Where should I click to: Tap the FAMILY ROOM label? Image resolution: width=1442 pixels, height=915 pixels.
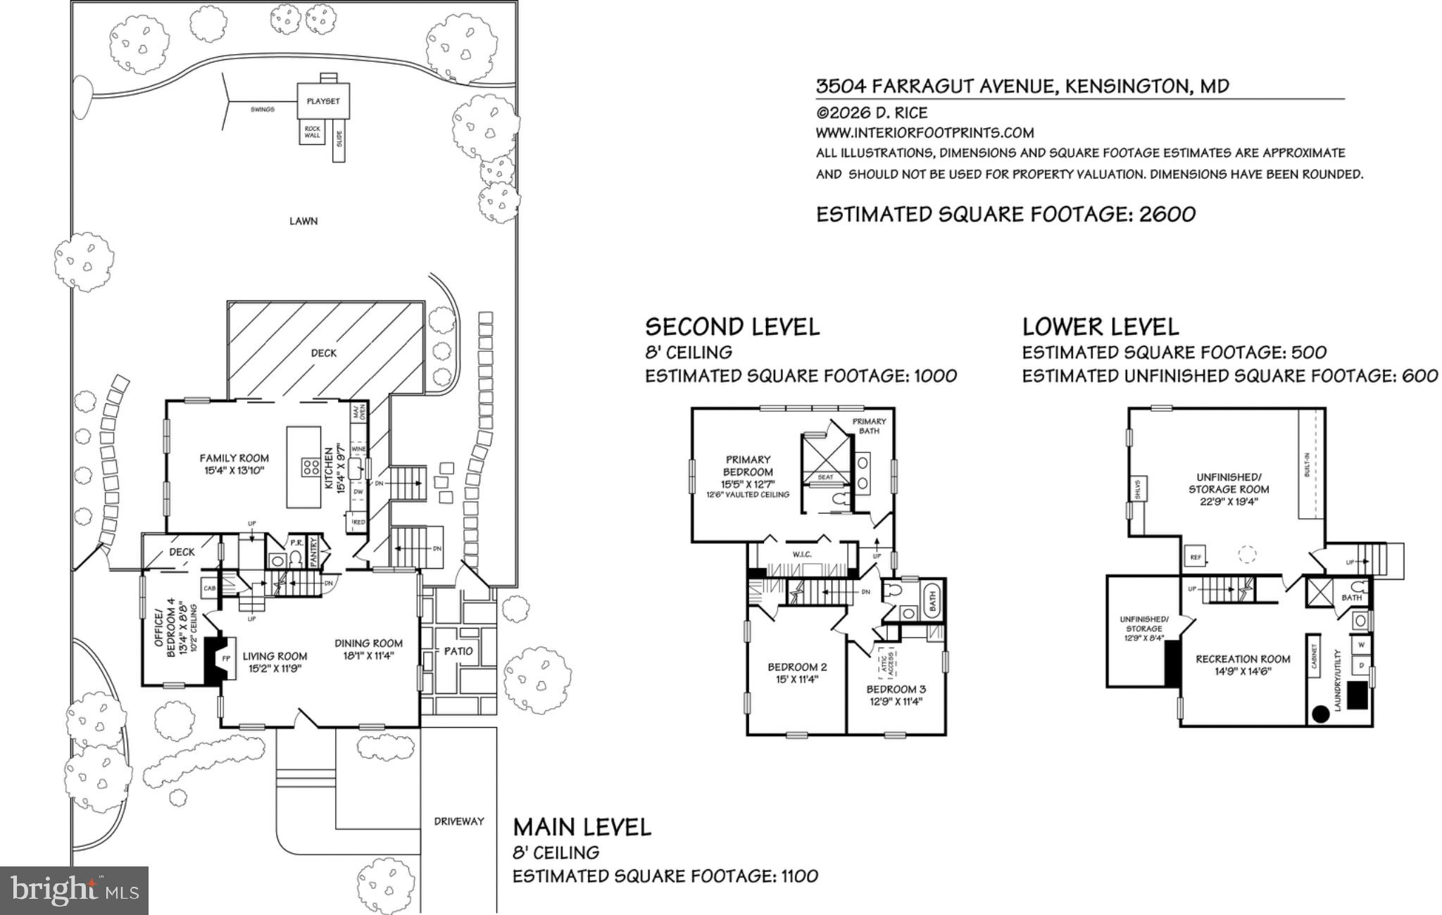tap(234, 458)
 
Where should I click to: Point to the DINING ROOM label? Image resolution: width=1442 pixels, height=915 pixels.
tap(368, 643)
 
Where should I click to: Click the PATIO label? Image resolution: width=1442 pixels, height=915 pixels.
tap(458, 651)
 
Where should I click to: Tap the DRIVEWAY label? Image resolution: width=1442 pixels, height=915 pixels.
tap(459, 821)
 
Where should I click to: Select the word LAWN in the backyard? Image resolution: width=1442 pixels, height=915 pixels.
tap(303, 221)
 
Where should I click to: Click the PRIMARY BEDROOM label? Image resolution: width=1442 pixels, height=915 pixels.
tap(748, 466)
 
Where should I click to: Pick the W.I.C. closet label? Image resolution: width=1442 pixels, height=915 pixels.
tap(802, 555)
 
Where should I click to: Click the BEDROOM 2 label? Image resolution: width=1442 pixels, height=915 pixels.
tap(797, 667)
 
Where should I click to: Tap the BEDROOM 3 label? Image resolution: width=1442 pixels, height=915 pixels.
tap(896, 690)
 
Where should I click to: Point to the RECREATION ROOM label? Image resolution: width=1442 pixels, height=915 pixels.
tap(1243, 660)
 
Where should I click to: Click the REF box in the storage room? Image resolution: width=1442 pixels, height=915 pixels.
tap(1195, 557)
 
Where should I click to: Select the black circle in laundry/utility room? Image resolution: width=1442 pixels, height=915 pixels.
tap(1321, 714)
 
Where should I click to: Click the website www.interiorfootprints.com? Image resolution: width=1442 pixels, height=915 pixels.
tap(924, 133)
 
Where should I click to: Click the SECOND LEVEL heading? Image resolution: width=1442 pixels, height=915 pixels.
tap(732, 327)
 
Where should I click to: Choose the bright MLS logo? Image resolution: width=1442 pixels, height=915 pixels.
tap(74, 890)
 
